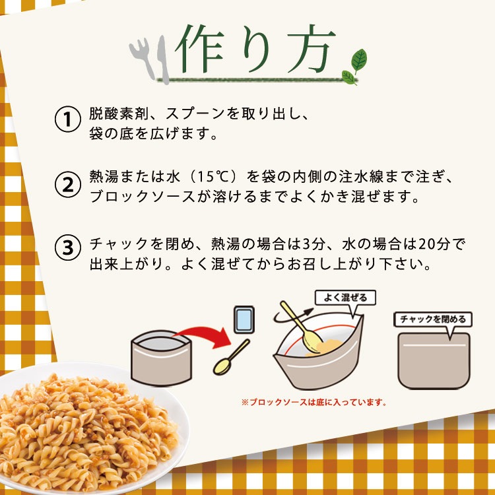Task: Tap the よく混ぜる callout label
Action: [x=345, y=297]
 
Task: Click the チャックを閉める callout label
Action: [x=433, y=319]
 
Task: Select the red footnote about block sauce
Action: [x=313, y=401]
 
